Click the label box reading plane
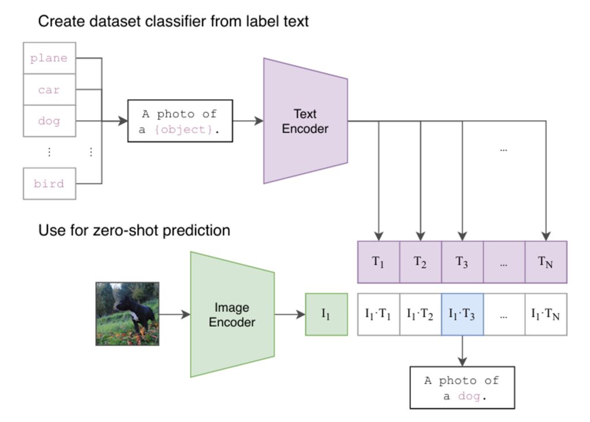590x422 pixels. pos(49,58)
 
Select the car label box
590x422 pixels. pos(49,90)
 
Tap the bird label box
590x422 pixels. pos(49,184)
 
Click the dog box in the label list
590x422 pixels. pos(49,121)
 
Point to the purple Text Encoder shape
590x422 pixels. pos(305,121)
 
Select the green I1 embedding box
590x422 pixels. pos(326,314)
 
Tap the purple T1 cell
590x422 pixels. pos(378,262)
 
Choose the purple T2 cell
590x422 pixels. pos(420,262)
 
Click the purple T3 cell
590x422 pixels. pos(462,262)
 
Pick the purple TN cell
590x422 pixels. pos(546,262)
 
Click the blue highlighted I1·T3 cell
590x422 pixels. pos(462,314)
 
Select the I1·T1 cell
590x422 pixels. pos(378,314)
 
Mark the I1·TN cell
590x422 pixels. pos(546,314)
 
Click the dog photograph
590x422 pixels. pos(127,314)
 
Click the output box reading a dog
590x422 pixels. pos(462,387)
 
